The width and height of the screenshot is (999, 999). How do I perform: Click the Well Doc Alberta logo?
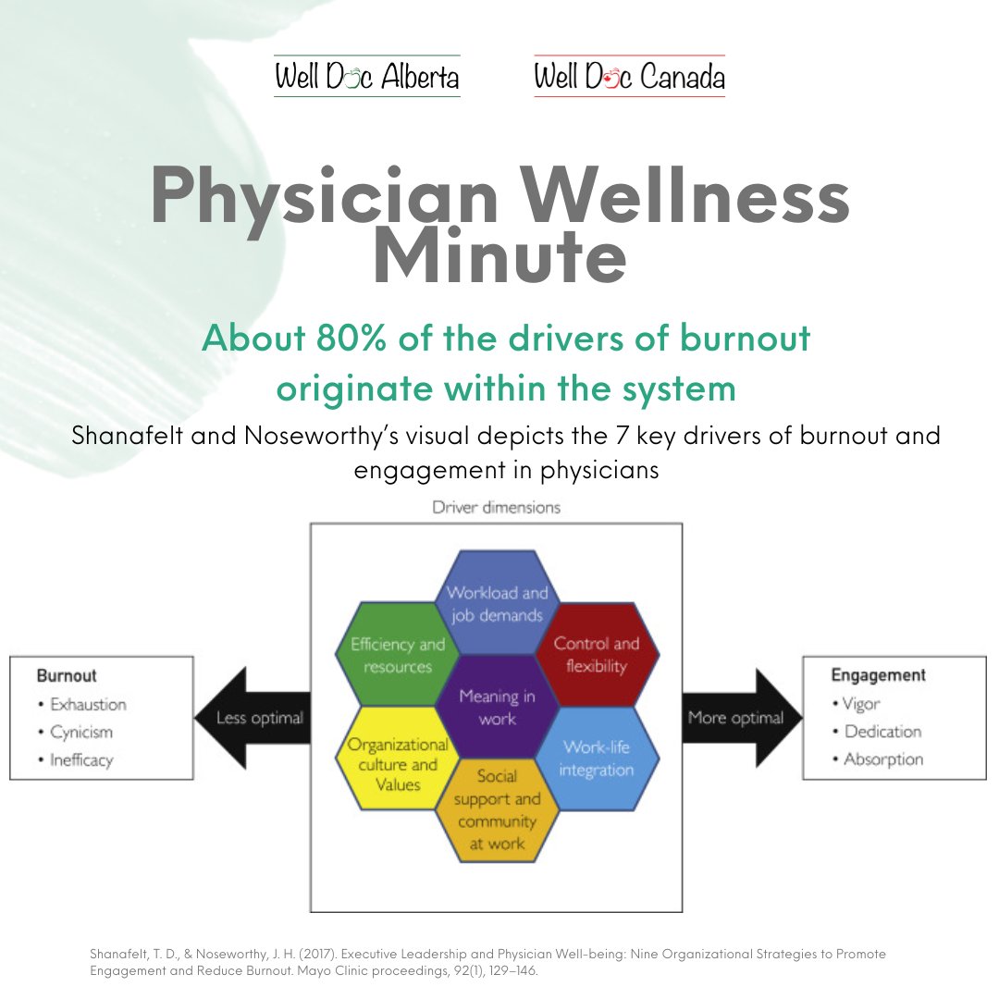(366, 78)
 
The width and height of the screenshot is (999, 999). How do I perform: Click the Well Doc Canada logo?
(629, 78)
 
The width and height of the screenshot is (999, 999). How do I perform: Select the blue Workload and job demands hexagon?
(497, 603)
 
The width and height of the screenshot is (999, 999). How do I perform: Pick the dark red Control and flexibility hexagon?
(597, 655)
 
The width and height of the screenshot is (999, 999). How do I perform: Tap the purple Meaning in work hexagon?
(498, 707)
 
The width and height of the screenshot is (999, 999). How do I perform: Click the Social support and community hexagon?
(497, 809)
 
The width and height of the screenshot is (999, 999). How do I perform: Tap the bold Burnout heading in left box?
(67, 676)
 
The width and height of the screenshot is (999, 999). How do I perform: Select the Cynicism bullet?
(81, 732)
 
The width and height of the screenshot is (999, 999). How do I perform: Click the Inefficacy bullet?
(81, 760)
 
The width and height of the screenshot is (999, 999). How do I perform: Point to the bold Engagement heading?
(878, 675)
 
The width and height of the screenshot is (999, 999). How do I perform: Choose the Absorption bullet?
(883, 759)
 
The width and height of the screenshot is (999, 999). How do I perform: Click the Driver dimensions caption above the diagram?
(496, 508)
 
